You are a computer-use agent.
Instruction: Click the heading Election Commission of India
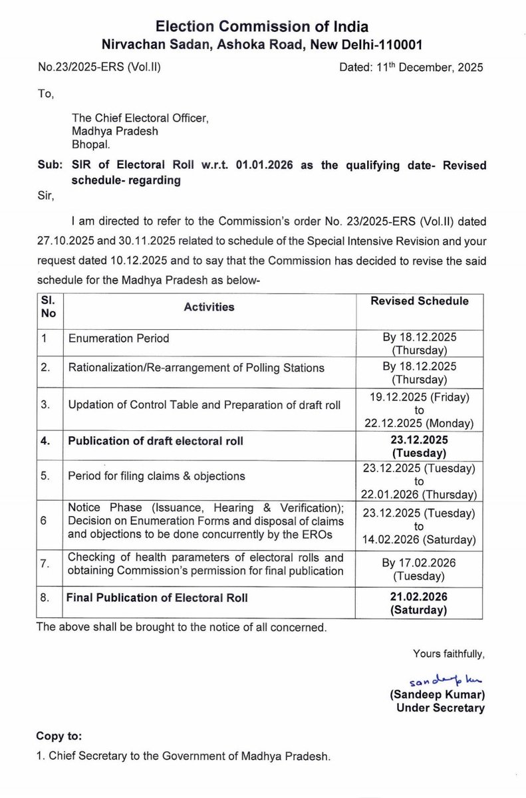coord(261,27)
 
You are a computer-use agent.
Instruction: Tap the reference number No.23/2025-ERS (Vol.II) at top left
coord(99,67)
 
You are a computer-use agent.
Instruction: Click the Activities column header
coord(210,307)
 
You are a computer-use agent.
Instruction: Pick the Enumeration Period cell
coord(119,338)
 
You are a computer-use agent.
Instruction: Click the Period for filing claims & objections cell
coord(157,475)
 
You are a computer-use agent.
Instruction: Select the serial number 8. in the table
coord(45,597)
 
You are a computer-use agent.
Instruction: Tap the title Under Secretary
coord(440,708)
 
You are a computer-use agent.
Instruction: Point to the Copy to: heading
coord(61,737)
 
